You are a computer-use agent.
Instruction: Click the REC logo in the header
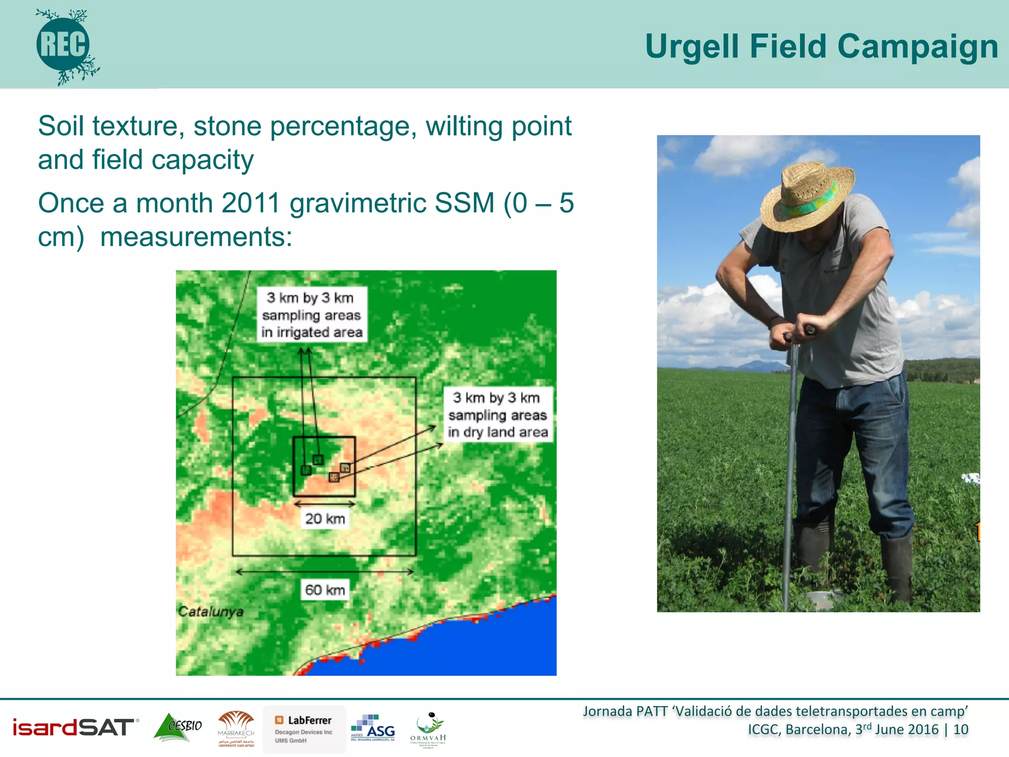[x=64, y=45]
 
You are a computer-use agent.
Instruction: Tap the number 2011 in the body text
[x=251, y=203]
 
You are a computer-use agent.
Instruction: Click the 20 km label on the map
[x=325, y=518]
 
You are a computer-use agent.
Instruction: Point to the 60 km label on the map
[x=325, y=589]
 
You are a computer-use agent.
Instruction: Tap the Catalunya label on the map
[x=210, y=612]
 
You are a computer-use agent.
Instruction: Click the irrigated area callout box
[x=312, y=314]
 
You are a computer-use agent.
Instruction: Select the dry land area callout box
[x=498, y=414]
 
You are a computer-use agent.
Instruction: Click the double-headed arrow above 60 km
[x=325, y=572]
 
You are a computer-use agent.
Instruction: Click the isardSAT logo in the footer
[x=74, y=727]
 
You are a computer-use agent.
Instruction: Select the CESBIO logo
[x=178, y=727]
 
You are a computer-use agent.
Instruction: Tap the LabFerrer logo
[x=304, y=729]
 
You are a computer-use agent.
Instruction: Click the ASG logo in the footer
[x=373, y=728]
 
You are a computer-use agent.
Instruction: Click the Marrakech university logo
[x=236, y=729]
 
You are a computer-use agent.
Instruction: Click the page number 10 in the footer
[x=960, y=730]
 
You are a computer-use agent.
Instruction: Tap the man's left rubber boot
[x=898, y=567]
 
